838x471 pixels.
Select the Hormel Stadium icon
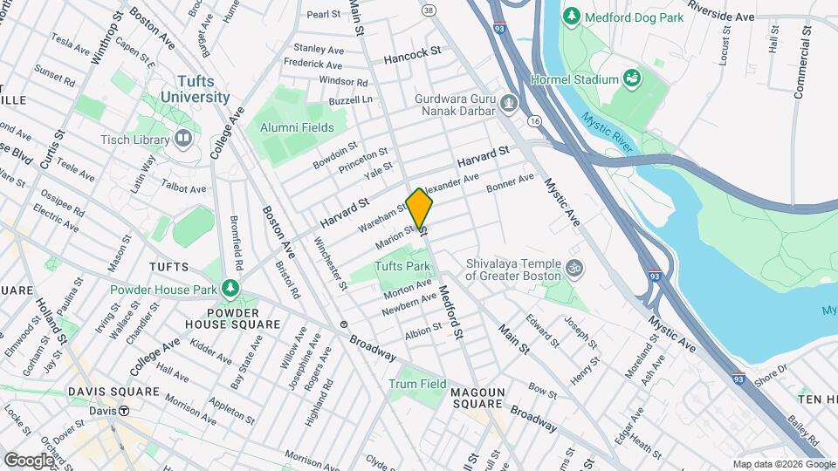pyautogui.click(x=630, y=80)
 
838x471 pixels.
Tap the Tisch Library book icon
pyautogui.click(x=183, y=138)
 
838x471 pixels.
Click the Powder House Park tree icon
pyautogui.click(x=230, y=288)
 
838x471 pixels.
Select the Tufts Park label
pyautogui.click(x=402, y=266)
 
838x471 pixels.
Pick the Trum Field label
pyautogui.click(x=417, y=384)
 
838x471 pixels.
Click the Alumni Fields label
pyautogui.click(x=297, y=127)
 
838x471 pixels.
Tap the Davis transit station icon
pyautogui.click(x=125, y=411)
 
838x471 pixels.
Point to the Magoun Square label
pyautogui.click(x=477, y=398)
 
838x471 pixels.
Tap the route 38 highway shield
pyautogui.click(x=428, y=10)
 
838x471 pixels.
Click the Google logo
pyautogui.click(x=29, y=460)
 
